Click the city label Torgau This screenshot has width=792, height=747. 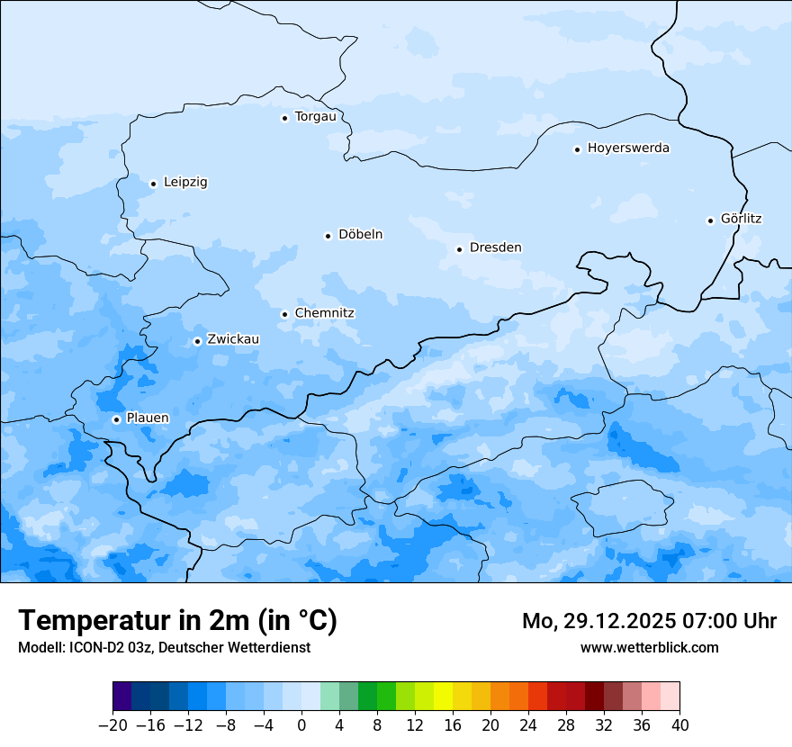coord(315,117)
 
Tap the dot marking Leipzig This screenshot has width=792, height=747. coord(153,184)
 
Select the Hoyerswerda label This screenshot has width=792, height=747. coord(628,148)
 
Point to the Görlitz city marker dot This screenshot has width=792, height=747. coord(710,220)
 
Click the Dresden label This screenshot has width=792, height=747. coord(495,247)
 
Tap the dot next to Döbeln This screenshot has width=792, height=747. coord(328,236)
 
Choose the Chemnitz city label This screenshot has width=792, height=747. coord(324,313)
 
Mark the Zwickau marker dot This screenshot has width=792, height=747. coord(197,341)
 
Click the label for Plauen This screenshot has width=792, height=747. coord(148,418)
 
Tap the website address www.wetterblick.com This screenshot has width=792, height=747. coord(649,648)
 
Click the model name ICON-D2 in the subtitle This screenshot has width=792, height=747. coord(96,648)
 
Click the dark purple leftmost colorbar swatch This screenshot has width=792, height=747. coord(122,697)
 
